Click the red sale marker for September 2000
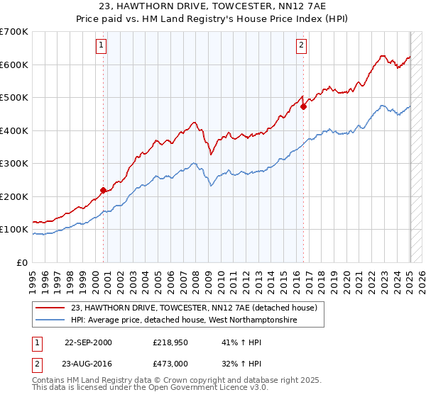pos(103,189)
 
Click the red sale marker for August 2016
pos(303,107)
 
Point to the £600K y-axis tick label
pos(14,65)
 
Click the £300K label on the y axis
pos(14,164)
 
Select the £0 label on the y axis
pos(23,262)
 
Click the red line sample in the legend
pos(51,308)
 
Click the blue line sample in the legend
pos(51,320)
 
